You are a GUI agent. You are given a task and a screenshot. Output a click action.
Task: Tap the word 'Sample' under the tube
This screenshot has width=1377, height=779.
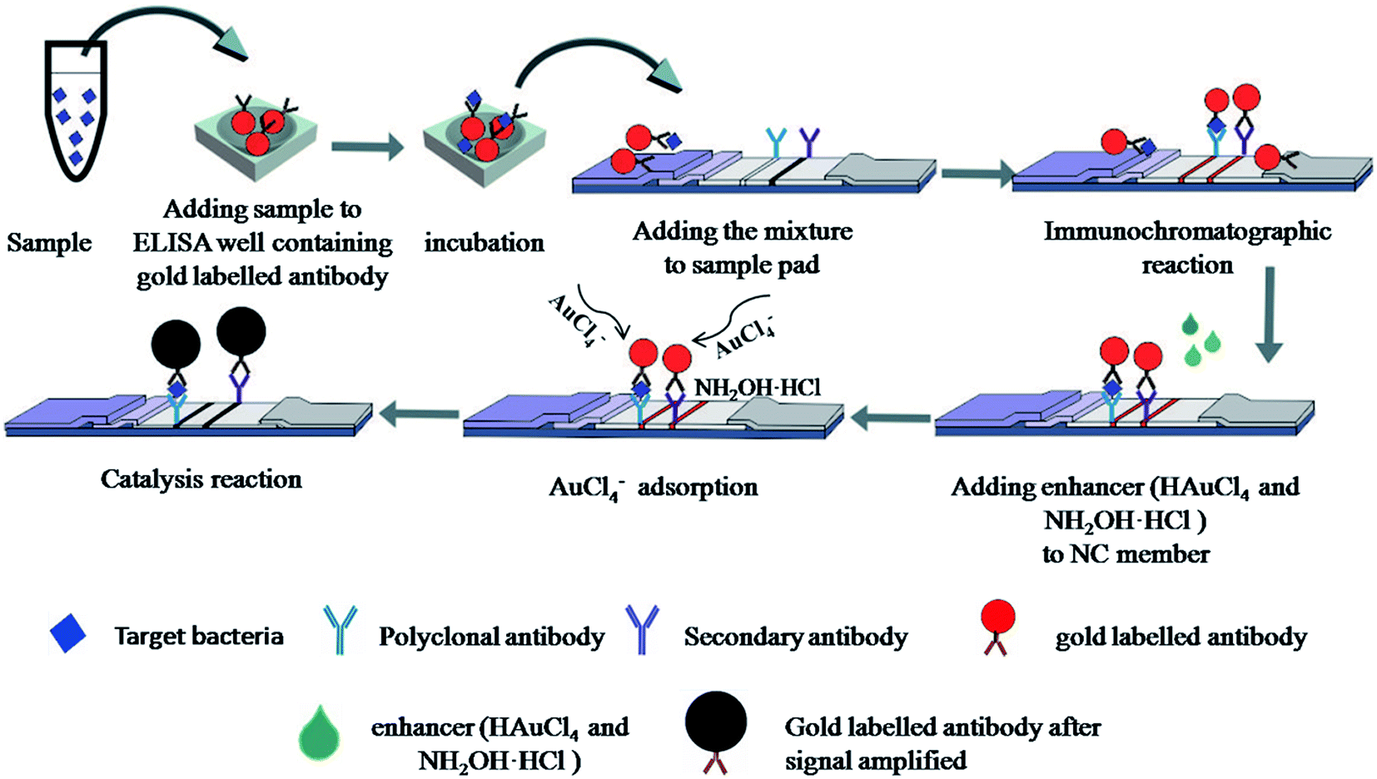(49, 243)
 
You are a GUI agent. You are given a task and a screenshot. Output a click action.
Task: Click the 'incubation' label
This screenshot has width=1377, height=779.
(484, 243)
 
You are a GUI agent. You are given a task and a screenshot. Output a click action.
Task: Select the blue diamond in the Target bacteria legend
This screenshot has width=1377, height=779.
(67, 633)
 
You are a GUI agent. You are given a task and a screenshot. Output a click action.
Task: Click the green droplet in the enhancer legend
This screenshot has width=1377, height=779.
(321, 732)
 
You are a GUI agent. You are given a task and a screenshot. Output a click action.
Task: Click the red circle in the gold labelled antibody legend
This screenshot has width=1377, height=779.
(997, 618)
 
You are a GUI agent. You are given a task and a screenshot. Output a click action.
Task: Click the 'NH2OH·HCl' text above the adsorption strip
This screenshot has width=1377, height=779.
(757, 387)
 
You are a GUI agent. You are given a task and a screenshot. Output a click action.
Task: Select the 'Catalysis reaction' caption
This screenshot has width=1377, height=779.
(201, 479)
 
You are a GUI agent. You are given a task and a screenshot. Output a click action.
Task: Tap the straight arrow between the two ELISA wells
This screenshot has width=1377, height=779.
(367, 147)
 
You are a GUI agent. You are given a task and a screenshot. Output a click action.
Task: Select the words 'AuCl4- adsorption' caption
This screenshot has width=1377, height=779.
(653, 487)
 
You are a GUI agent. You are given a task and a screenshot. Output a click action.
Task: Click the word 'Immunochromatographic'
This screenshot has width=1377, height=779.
(1187, 231)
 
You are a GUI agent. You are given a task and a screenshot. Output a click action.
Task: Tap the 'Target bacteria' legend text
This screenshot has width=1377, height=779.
(199, 637)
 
